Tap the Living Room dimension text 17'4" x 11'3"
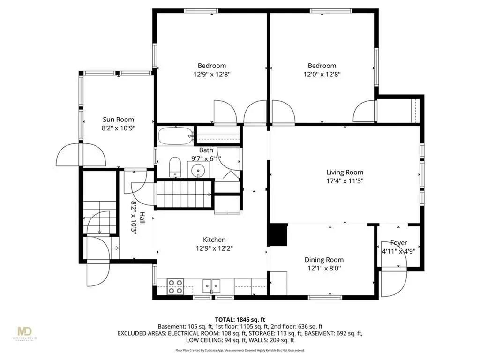pos(345,180)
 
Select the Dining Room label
pos(324,260)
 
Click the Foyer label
pos(398,242)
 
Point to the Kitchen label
pos(214,240)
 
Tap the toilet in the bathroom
pos(175,167)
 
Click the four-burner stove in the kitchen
pos(176,286)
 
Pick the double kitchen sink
pos(212,285)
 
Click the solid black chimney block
pos(277,234)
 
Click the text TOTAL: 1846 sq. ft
pos(240,318)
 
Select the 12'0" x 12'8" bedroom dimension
pos(322,74)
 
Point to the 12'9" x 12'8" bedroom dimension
pos(211,74)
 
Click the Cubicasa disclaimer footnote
pos(240,350)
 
